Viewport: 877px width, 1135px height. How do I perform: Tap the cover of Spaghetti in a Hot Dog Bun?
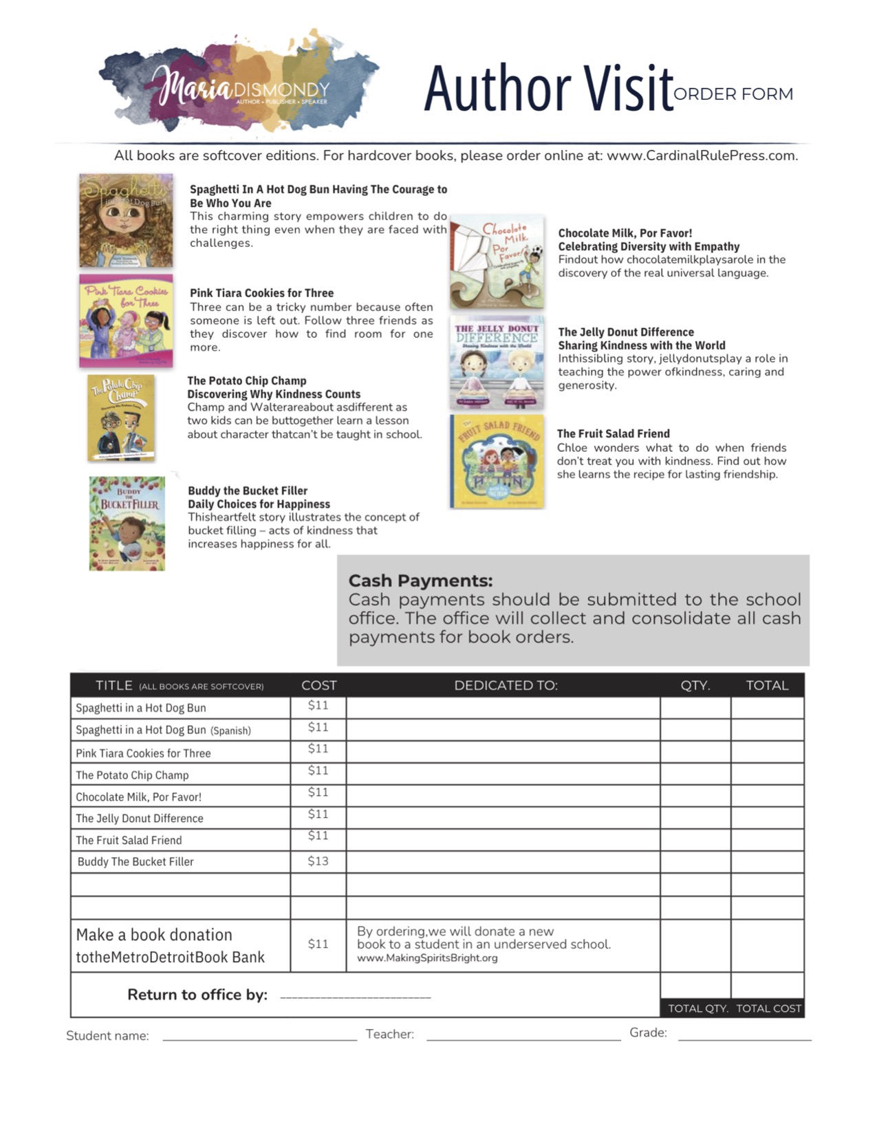[x=126, y=220]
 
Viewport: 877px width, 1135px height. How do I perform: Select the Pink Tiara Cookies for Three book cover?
[x=126, y=321]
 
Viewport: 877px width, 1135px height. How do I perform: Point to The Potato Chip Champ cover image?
[x=121, y=418]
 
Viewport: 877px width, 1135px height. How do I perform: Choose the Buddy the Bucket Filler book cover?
[x=127, y=523]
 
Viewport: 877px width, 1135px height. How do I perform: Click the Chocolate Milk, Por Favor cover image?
[x=497, y=262]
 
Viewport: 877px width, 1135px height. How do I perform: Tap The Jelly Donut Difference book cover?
[x=497, y=363]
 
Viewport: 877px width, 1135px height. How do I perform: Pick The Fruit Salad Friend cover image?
[x=497, y=462]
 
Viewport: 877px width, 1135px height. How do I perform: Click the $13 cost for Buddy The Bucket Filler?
[x=318, y=861]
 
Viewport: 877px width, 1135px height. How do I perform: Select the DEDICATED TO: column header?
[x=506, y=685]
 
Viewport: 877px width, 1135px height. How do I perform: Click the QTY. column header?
[x=695, y=685]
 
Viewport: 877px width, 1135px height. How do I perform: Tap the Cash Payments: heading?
[x=420, y=581]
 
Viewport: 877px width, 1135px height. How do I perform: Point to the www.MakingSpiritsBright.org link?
[x=427, y=958]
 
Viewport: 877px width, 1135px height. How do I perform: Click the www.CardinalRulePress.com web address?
[x=702, y=155]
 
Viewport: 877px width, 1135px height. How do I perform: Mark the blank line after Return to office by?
[x=356, y=996]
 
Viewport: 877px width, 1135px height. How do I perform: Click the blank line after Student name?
[x=259, y=1039]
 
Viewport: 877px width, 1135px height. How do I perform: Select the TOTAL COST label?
[x=768, y=1008]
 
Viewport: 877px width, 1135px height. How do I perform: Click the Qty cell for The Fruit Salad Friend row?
[x=695, y=840]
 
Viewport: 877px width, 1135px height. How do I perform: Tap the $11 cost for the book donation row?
[x=318, y=944]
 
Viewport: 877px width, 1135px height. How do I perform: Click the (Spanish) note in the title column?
[x=230, y=731]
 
